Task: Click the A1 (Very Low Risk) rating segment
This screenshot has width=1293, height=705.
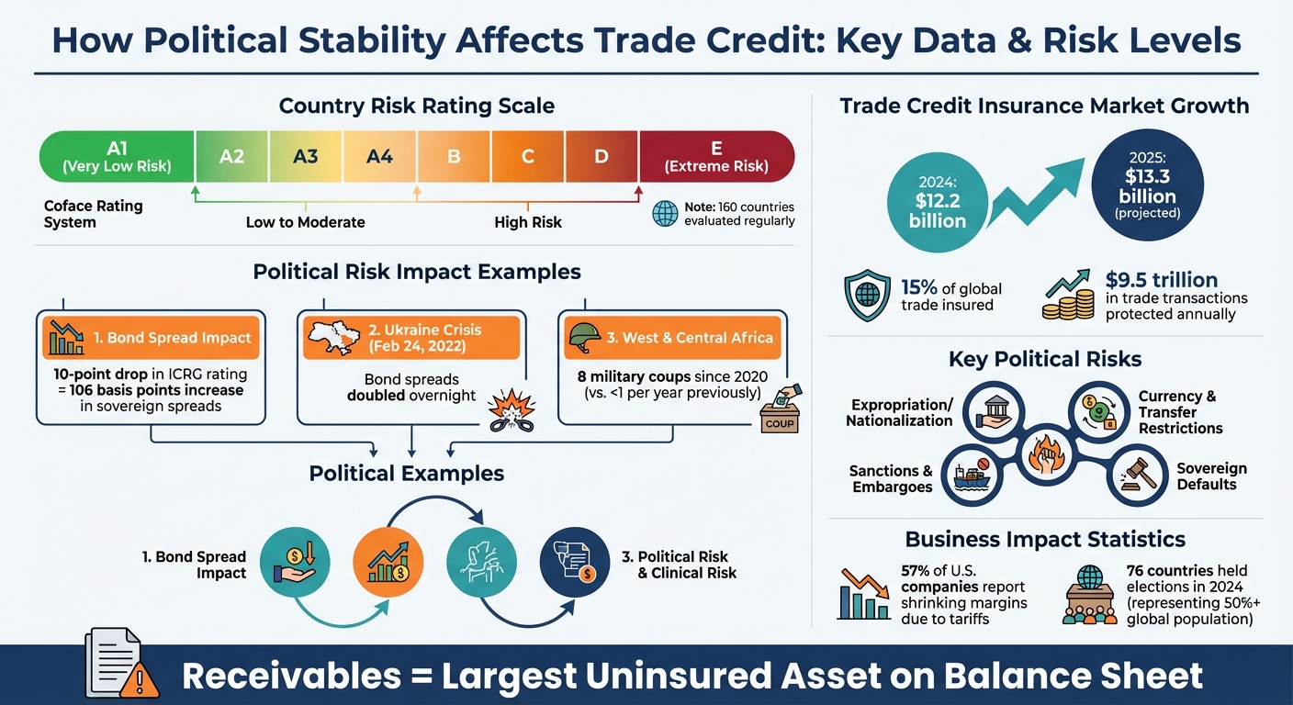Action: (x=117, y=156)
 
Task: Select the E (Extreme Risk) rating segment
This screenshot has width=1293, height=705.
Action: (x=716, y=156)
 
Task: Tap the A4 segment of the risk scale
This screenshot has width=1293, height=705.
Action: (x=379, y=156)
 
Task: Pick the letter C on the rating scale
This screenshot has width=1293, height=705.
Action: (x=528, y=156)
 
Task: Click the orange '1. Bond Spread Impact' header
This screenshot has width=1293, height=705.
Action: (x=152, y=338)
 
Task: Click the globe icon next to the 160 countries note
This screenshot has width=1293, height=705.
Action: (x=665, y=214)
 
